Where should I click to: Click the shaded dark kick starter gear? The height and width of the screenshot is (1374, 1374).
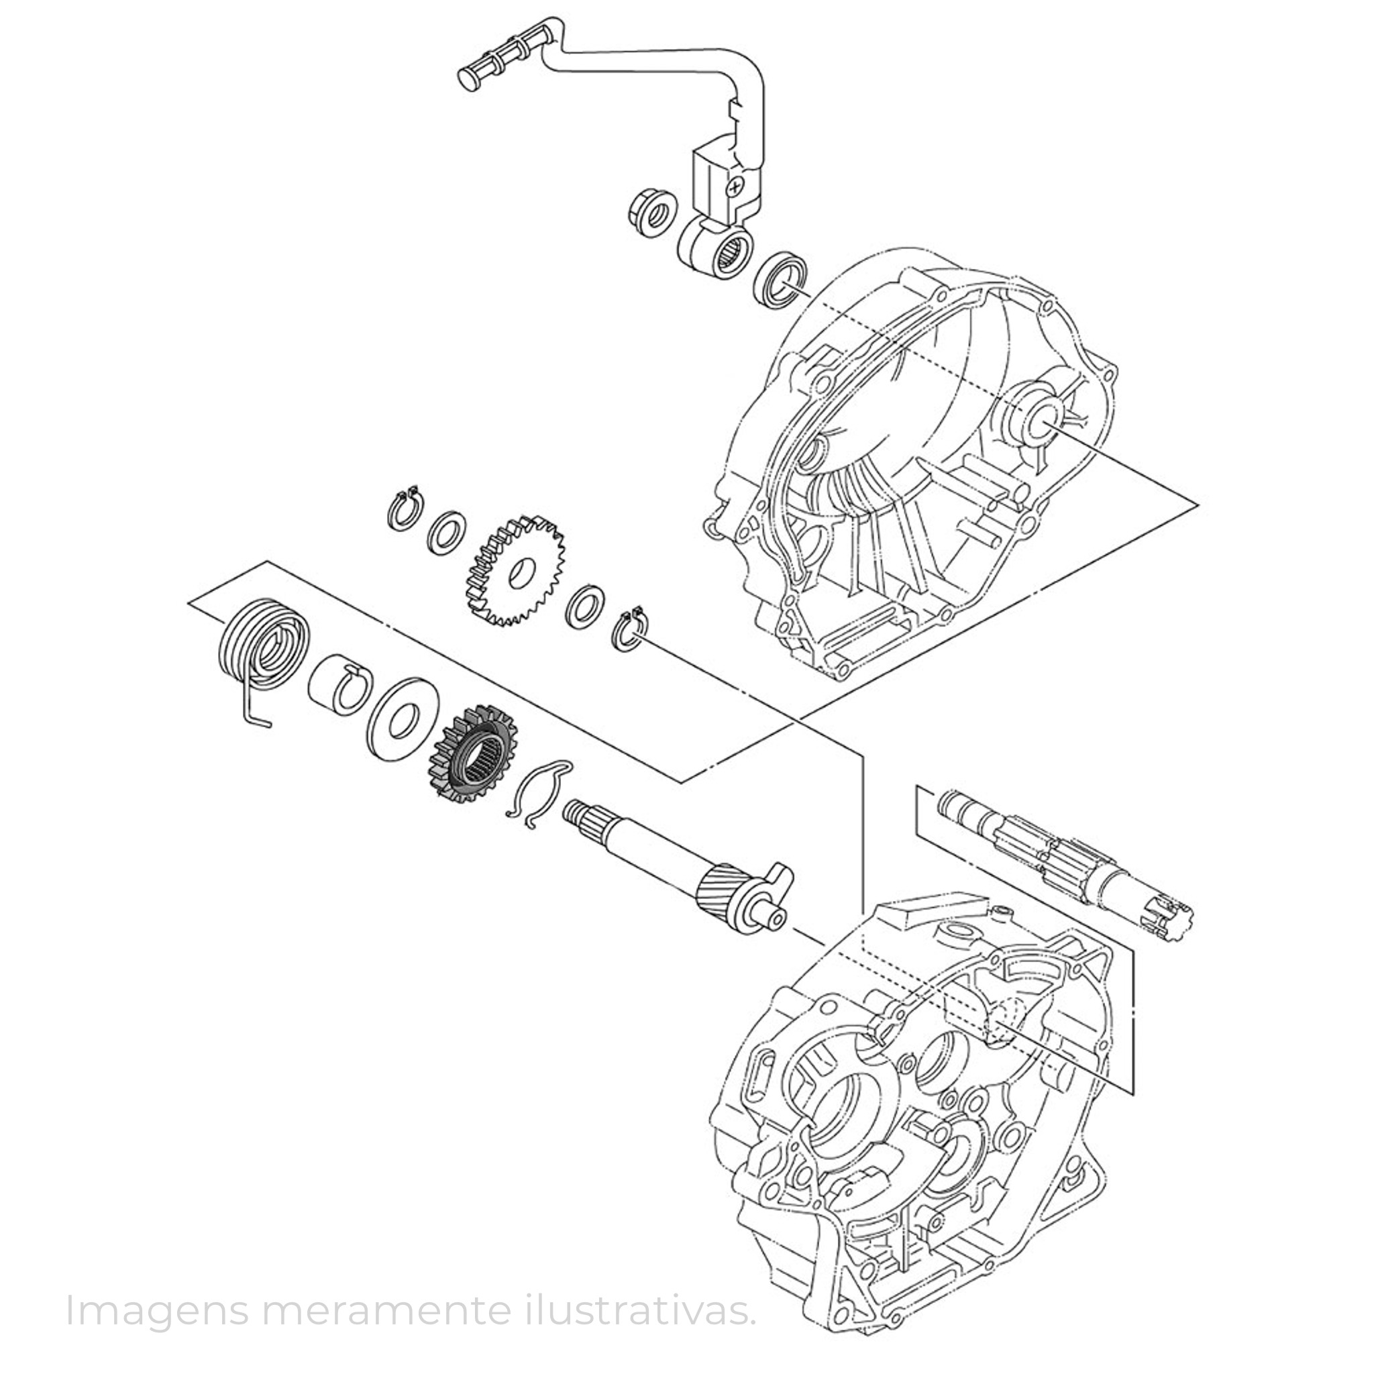click(x=473, y=755)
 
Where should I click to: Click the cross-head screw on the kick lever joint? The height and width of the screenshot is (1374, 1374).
click(x=735, y=187)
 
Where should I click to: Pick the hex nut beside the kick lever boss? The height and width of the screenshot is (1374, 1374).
click(x=650, y=211)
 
